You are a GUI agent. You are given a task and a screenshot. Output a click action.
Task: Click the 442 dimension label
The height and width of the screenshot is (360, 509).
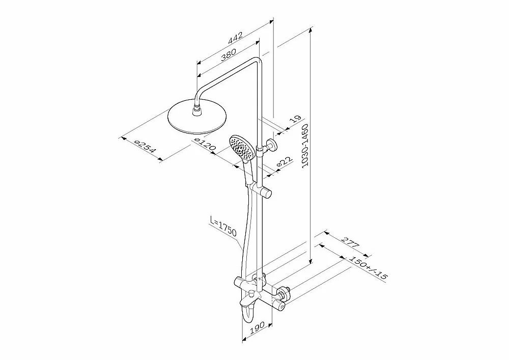click(x=235, y=38)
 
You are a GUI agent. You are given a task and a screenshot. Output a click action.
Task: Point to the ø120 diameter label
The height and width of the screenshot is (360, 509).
click(x=205, y=144)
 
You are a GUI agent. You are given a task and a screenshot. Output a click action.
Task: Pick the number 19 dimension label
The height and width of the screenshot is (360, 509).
click(x=295, y=120)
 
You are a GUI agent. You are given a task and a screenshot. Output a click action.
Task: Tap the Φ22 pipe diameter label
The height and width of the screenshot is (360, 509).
click(x=285, y=162)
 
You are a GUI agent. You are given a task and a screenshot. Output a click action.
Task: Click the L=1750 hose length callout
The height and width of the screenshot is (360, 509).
click(x=223, y=226)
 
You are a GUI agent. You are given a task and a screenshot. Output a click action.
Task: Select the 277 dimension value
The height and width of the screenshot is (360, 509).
click(x=350, y=240)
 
